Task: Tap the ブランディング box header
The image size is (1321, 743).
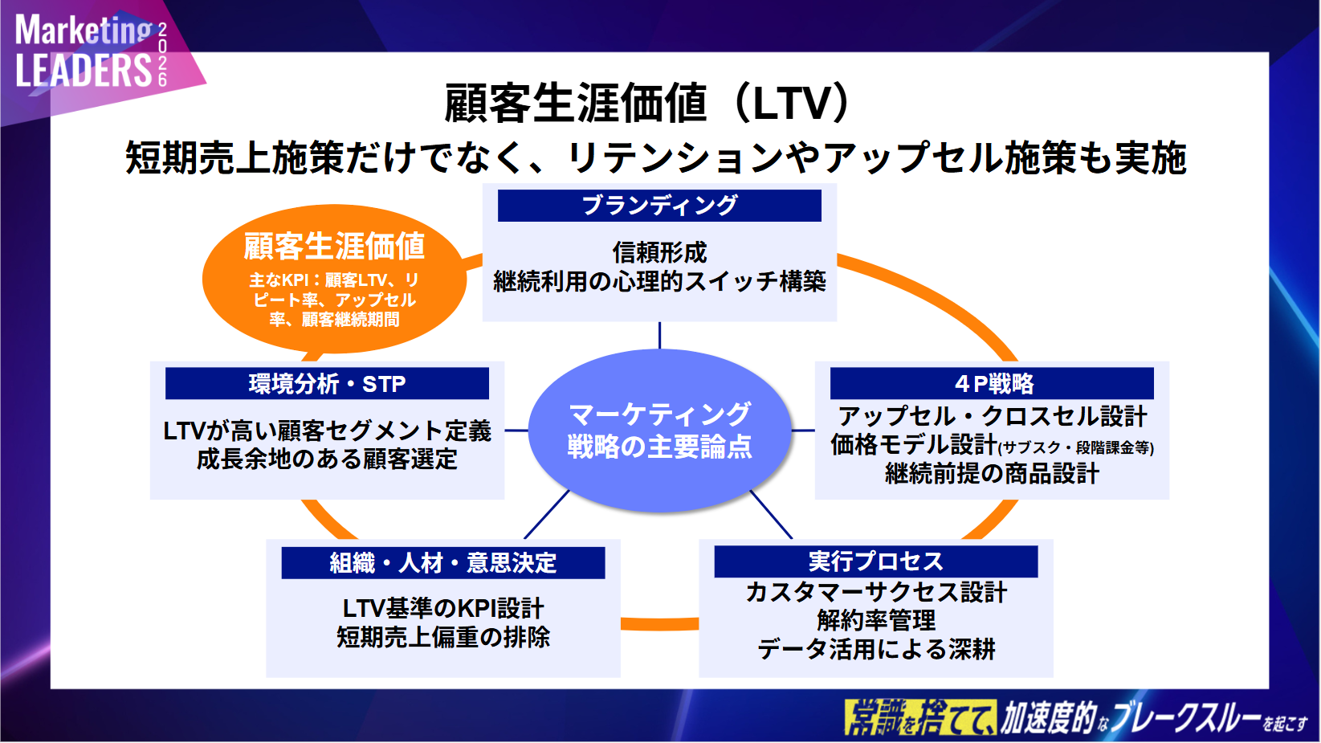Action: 659,206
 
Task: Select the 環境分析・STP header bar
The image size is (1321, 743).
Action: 327,384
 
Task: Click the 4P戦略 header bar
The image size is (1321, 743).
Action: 992,384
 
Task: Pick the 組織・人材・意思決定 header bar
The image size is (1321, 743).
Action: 442,562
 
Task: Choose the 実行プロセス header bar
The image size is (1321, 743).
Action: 875,561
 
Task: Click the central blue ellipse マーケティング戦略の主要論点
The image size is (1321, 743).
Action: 659,430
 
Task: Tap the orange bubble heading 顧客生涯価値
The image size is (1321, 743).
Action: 334,247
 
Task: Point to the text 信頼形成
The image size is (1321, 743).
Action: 659,252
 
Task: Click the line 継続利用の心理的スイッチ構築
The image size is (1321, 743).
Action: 659,281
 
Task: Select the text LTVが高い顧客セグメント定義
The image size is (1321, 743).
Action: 327,431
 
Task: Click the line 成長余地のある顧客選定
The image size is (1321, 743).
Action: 327,459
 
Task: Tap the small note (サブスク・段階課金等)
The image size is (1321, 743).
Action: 1075,448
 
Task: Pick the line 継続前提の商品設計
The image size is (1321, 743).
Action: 992,474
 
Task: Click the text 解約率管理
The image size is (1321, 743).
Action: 875,620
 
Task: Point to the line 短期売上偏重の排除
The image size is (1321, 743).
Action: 442,637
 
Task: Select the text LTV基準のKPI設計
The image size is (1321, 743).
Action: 442,608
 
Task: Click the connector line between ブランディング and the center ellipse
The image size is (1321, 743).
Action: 659,335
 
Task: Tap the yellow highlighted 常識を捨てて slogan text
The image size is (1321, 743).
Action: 919,717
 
